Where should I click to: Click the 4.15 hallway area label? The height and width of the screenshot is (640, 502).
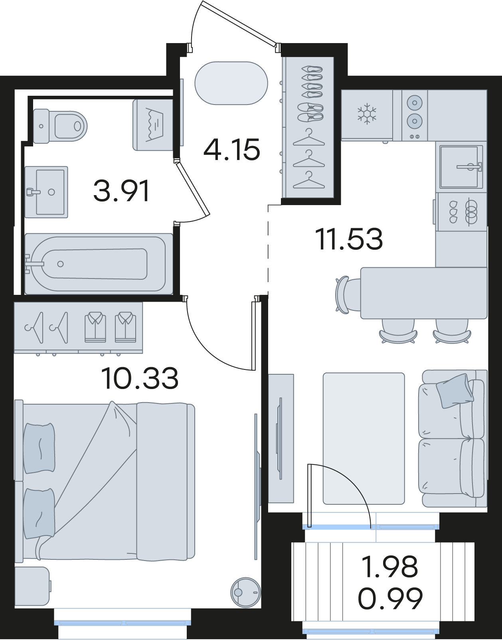click(232, 150)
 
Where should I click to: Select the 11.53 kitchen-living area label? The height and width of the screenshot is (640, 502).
click(349, 239)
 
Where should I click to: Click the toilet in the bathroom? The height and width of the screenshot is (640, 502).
click(60, 126)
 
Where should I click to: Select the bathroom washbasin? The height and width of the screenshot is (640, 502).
click(46, 192)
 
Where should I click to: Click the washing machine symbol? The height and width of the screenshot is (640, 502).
click(153, 125)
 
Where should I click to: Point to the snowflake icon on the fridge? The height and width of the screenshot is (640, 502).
click(367, 113)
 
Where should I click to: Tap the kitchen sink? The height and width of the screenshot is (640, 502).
click(461, 167)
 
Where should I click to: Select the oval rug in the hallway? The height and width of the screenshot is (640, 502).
click(231, 83)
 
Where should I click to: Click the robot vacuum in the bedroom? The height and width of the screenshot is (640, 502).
click(245, 592)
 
